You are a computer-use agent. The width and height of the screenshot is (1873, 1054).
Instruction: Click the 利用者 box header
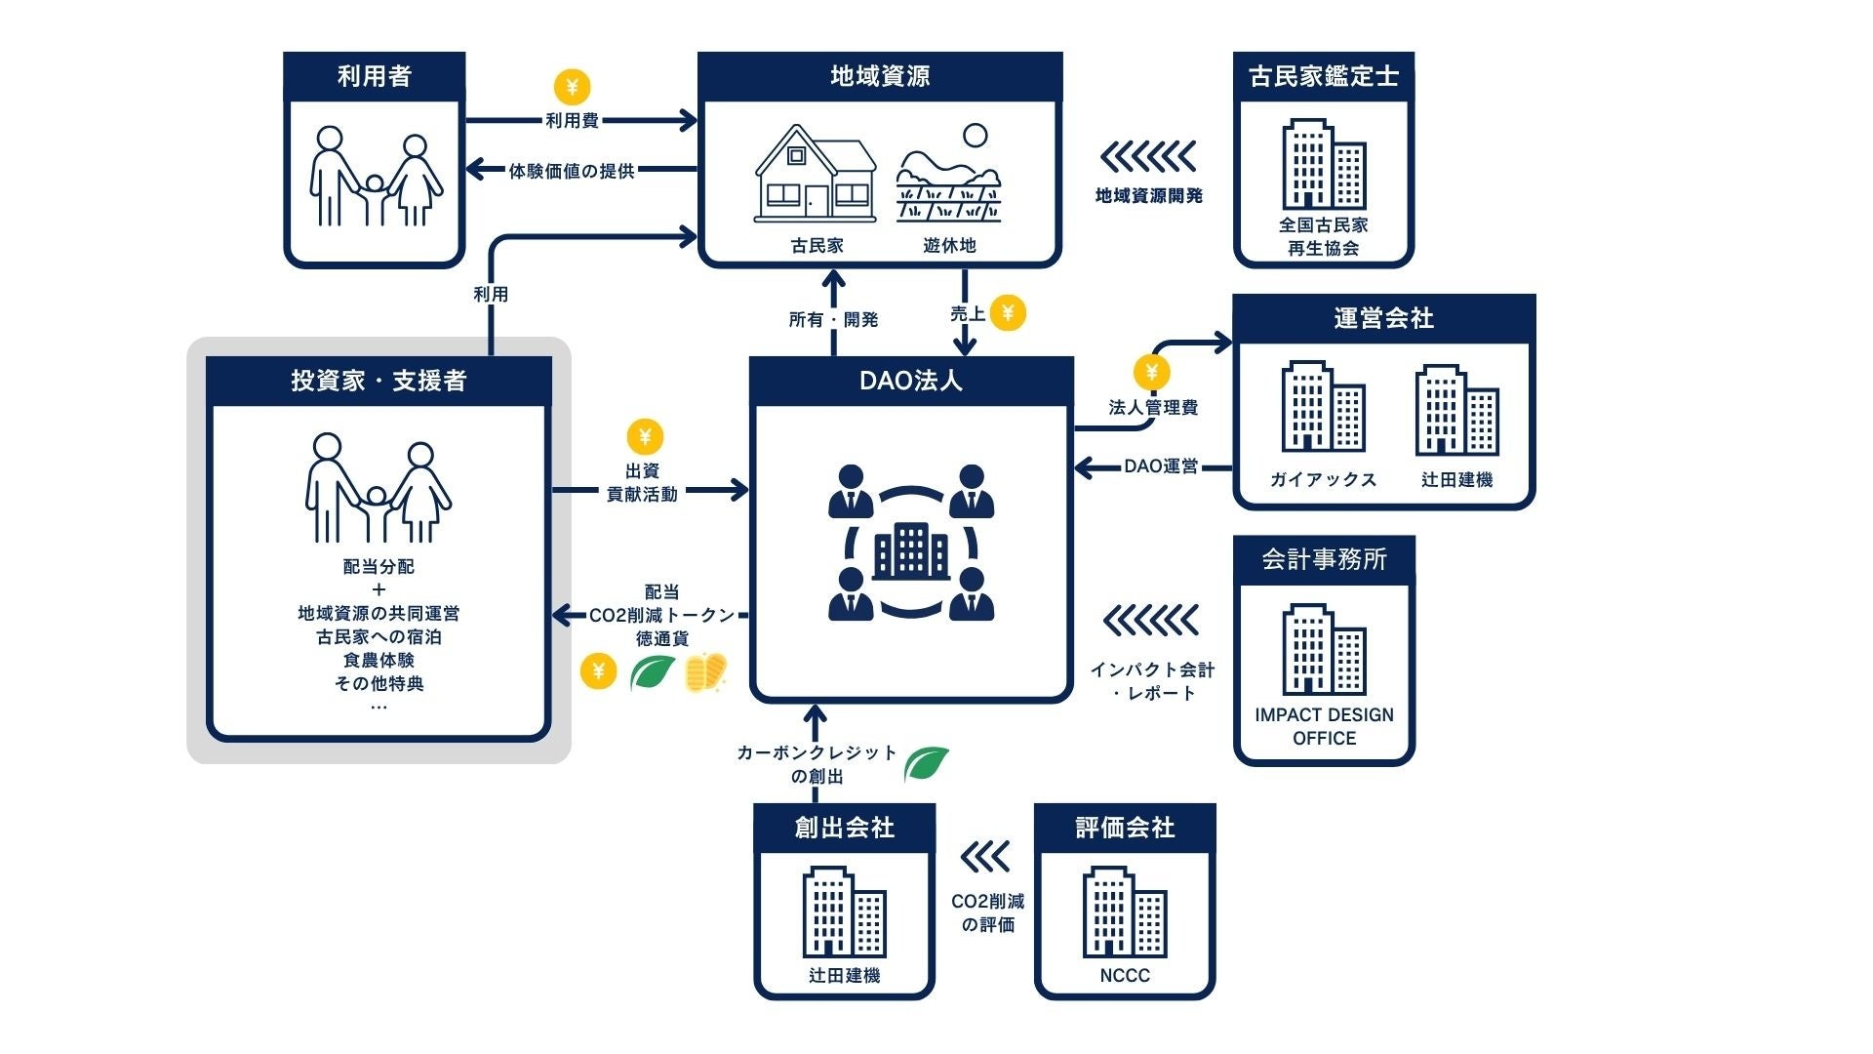tap(375, 76)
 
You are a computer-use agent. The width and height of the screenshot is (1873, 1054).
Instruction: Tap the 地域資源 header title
tap(880, 76)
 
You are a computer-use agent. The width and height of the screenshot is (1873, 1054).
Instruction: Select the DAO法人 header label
tap(911, 381)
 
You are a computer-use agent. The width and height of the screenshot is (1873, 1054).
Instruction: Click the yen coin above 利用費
tap(573, 87)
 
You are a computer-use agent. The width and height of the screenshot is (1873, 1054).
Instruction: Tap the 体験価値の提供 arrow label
tap(572, 171)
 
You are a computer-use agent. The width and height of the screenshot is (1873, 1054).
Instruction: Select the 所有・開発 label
tap(834, 319)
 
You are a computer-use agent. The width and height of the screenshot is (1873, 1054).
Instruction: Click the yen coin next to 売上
tap(1008, 313)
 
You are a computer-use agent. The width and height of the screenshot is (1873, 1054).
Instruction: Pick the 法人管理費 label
tap(1153, 407)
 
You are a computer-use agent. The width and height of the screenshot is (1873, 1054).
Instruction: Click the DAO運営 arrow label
tap(1161, 466)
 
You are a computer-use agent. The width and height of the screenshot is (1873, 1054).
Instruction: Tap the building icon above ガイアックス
tap(1323, 407)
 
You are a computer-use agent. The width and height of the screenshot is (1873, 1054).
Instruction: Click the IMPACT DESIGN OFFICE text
tap(1324, 726)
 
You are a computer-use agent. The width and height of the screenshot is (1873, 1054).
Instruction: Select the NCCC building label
tap(1125, 975)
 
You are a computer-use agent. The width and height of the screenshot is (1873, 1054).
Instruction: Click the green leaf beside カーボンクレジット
tap(926, 763)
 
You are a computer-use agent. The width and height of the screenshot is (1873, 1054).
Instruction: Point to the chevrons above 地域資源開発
tap(1148, 156)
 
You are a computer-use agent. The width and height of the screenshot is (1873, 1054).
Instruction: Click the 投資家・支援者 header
tap(379, 381)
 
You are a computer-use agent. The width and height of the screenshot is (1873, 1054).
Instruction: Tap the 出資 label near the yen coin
tap(642, 470)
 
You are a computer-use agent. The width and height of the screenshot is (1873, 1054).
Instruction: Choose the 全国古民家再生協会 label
tap(1324, 236)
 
